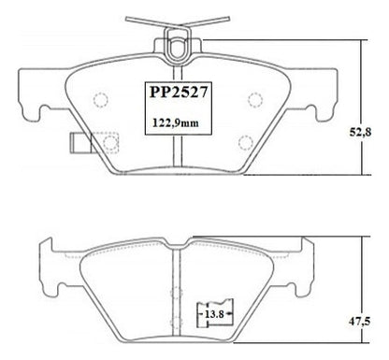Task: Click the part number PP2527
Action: (179, 93)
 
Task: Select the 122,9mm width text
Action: (176, 122)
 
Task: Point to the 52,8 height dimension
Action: (360, 132)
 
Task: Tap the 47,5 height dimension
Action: (359, 321)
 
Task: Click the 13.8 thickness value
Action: (214, 314)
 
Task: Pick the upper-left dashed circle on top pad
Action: (101, 100)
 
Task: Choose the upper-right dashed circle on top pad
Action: (255, 100)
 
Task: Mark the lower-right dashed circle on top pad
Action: (245, 143)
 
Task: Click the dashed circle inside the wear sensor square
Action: (110, 142)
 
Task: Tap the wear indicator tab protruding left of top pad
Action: (80, 143)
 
